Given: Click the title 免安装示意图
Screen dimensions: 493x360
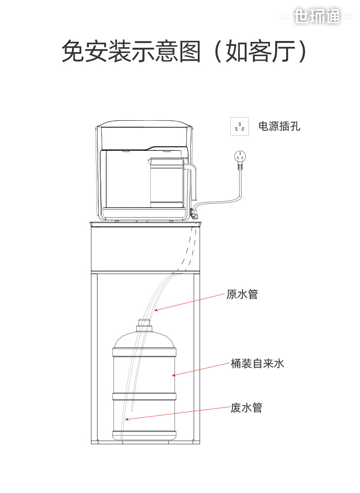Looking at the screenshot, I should tap(131, 51).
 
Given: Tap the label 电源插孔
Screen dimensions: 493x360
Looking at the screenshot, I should tap(279, 126).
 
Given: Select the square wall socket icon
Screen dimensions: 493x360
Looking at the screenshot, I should tap(240, 127).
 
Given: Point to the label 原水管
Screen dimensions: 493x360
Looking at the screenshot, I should tap(242, 294).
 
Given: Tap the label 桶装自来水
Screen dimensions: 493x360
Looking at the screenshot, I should tap(257, 364).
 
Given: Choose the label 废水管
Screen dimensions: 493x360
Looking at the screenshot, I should tap(246, 407).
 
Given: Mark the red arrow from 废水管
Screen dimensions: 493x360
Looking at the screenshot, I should tap(178, 413).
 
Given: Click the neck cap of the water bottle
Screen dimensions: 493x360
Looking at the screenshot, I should tap(144, 324).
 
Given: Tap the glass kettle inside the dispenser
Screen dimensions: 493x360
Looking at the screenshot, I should tap(166, 182).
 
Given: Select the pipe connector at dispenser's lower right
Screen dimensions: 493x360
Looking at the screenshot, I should tap(195, 212).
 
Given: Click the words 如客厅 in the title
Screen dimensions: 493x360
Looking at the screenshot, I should tap(260, 51).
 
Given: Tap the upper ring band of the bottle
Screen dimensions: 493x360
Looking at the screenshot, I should tap(144, 352).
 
